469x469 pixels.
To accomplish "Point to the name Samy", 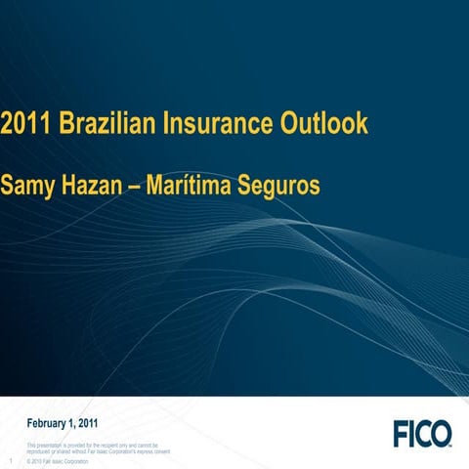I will pos(26,185).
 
